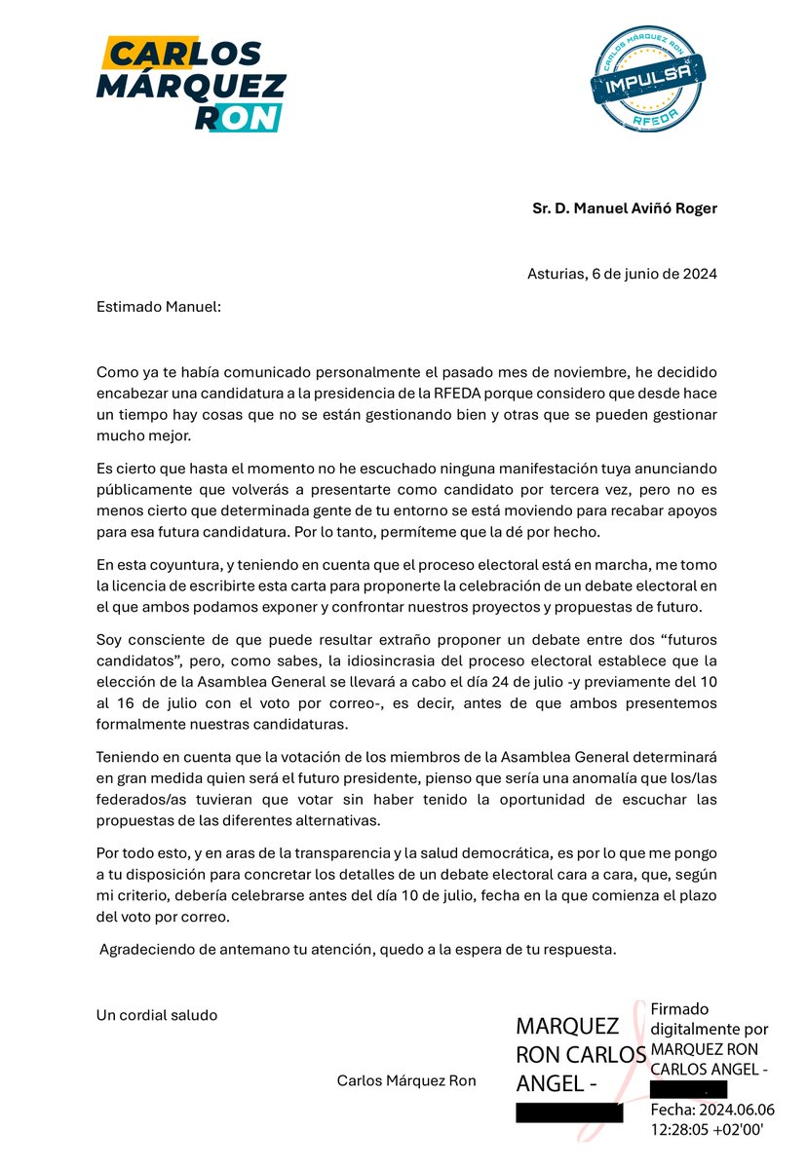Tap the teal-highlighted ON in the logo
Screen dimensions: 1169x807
[x=254, y=118]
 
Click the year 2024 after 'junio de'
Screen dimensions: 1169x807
[x=699, y=274]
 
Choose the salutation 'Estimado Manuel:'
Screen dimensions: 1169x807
[x=159, y=307]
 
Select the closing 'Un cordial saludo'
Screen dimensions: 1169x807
[x=157, y=1015]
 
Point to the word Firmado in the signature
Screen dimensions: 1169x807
[x=679, y=1009]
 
